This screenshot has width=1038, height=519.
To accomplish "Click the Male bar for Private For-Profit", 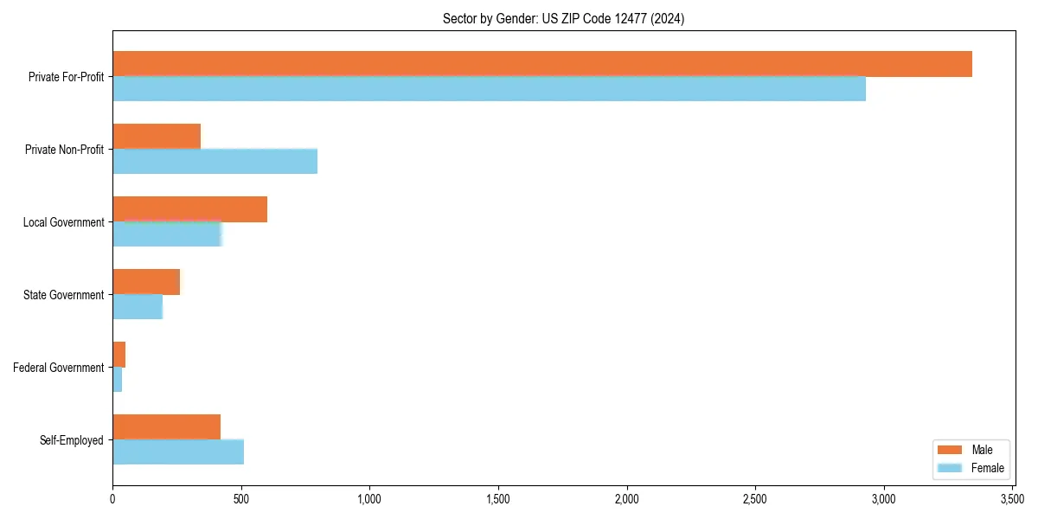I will point(542,64).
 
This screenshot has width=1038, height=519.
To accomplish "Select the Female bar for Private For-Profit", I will point(489,89).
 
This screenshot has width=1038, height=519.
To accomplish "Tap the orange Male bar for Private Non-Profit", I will point(157,137).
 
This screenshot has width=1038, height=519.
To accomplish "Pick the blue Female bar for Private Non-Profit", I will point(215,162).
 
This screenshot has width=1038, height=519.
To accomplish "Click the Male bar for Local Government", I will point(189,209).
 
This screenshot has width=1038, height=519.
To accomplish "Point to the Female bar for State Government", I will point(138,307).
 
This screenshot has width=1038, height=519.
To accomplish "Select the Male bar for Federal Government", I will point(119,355).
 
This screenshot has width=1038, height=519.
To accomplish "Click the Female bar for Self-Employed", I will point(178,452).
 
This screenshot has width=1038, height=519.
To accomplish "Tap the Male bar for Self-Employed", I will point(166,427).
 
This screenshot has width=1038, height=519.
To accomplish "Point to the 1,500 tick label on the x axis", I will point(498,499).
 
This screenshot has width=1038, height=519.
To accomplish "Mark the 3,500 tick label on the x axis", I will point(1012,499).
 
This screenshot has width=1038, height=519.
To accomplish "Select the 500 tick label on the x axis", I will point(241,499).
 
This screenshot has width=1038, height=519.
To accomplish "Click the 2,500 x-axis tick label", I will point(755,499).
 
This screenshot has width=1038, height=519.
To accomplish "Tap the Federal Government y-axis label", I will point(59,368).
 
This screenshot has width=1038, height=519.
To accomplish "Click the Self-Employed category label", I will point(72,440).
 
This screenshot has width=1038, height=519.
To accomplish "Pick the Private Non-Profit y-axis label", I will point(65,150).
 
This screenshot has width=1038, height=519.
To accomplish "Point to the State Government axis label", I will point(64,295).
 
